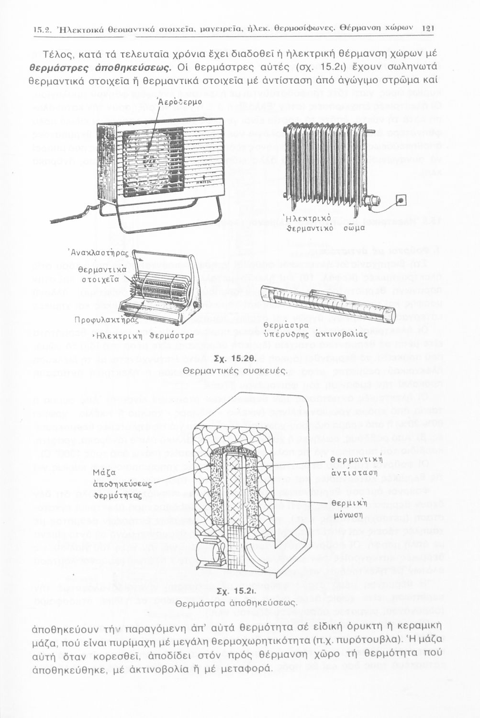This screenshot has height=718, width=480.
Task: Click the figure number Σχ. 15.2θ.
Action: [236, 359]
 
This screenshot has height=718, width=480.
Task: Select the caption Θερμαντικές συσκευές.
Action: [235, 370]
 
